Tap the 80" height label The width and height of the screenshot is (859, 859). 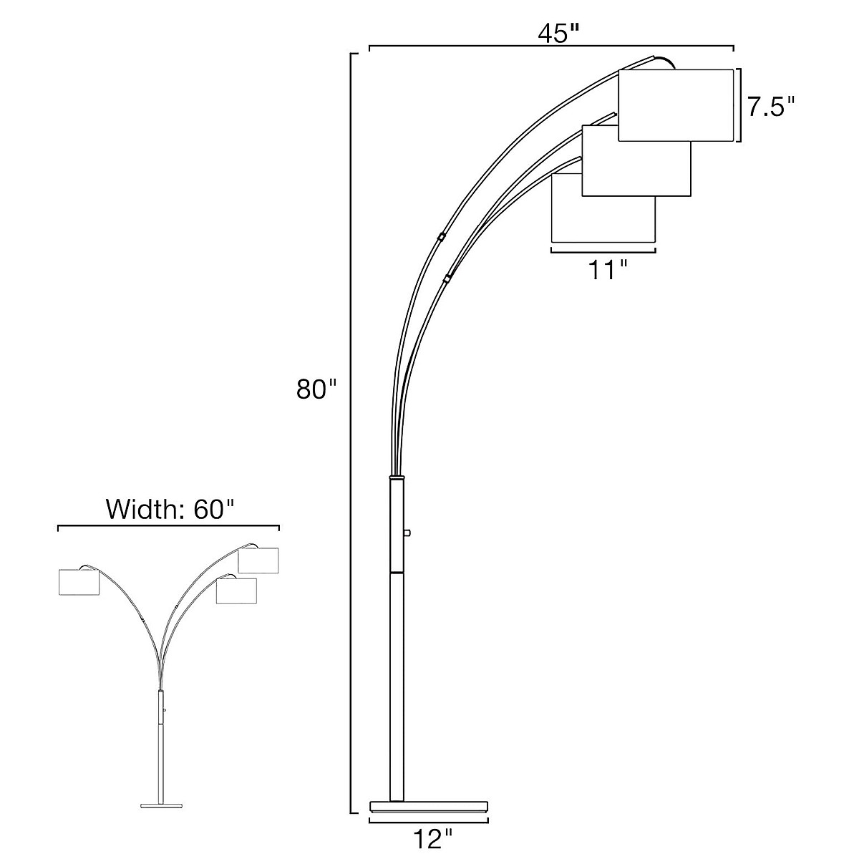point(316,391)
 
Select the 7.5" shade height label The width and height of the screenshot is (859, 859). point(770,107)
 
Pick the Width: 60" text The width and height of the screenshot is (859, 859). point(170,510)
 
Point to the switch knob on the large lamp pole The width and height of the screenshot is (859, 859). point(407,533)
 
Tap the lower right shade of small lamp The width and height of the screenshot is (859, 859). point(236,591)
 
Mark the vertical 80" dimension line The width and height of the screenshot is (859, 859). point(351,429)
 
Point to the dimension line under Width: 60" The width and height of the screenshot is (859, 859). point(168,527)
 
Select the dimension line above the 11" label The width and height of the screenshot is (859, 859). point(603,251)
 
